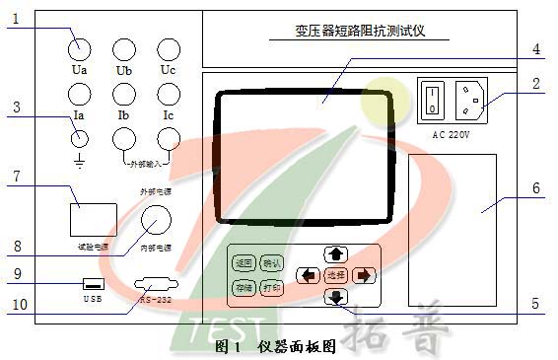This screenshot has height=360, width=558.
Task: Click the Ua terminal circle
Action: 79,47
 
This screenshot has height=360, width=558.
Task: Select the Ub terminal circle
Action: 124,47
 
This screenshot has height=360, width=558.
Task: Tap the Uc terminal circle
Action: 169,47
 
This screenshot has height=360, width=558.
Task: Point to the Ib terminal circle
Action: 124,95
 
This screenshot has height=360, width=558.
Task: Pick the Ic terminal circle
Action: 169,95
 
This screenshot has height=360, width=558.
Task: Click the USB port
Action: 91,284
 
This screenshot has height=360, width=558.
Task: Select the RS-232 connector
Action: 157,285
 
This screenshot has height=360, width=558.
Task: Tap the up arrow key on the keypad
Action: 336,254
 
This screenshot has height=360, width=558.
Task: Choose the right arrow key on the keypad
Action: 365,275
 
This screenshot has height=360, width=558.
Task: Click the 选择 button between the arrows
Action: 336,275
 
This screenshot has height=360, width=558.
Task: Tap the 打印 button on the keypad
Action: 271,288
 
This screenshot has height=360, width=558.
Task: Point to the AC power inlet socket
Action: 468,99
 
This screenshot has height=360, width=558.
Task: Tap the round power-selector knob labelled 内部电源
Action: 157,219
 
